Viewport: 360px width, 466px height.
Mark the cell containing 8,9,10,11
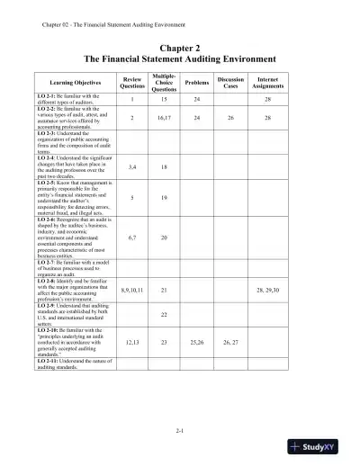click(x=132, y=291)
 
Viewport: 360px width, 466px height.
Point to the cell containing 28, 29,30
click(x=267, y=291)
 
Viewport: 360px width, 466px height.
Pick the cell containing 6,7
click(x=132, y=237)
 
